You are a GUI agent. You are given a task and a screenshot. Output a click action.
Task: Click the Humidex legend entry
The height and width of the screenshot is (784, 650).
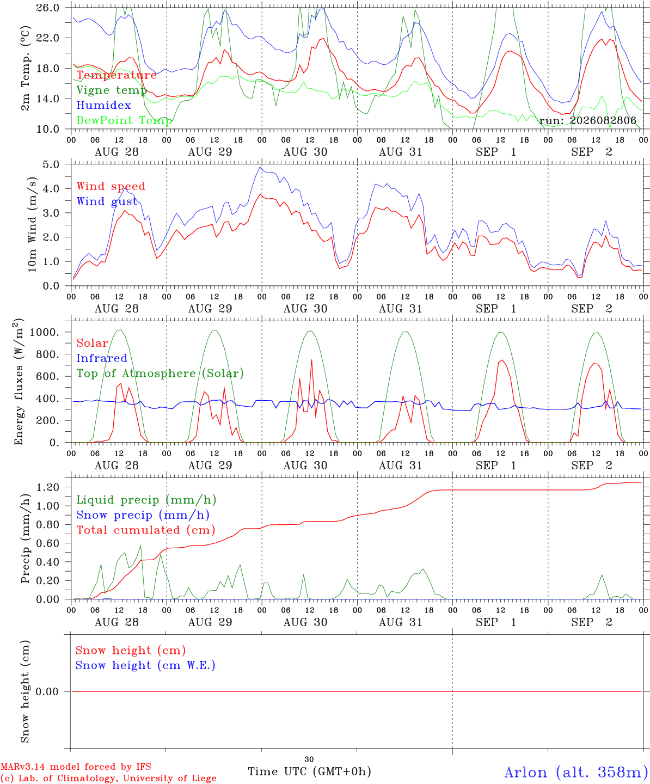(103, 105)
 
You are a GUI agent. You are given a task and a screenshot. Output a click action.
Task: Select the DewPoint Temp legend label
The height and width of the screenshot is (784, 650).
(124, 120)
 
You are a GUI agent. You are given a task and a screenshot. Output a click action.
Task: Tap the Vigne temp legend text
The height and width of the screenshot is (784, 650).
(112, 90)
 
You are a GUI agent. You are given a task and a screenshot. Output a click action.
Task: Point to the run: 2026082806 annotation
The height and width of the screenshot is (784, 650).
(587, 120)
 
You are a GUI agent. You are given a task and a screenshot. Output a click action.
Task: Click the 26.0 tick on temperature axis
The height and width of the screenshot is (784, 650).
(48, 8)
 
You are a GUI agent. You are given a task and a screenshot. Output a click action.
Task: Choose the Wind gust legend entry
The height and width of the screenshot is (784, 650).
(107, 201)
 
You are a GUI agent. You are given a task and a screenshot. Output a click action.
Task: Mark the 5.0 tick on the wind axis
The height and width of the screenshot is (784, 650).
(51, 164)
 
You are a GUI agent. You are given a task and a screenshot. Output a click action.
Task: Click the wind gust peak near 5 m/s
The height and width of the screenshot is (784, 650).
(260, 167)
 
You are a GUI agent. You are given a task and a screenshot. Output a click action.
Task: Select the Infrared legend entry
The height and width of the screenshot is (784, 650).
(102, 358)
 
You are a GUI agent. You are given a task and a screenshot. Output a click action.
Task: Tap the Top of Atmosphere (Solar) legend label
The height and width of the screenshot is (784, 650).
(161, 373)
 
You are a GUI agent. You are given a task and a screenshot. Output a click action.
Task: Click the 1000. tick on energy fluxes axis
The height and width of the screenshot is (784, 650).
(45, 332)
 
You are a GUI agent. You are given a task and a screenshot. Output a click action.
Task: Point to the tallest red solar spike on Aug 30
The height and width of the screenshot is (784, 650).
(311, 360)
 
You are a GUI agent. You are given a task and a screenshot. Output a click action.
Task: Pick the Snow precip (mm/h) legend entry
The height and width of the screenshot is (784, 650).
(143, 515)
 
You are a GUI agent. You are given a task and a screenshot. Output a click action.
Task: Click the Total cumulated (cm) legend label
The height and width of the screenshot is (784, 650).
(146, 530)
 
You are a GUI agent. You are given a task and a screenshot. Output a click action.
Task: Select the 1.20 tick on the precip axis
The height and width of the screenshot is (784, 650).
(48, 487)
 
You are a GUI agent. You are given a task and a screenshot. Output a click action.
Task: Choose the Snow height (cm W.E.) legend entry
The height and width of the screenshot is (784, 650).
(145, 665)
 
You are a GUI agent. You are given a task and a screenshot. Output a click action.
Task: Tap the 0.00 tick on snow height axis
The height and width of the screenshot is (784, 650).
(47, 691)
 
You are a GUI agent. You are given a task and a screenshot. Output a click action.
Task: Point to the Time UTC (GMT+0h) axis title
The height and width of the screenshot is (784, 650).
(310, 771)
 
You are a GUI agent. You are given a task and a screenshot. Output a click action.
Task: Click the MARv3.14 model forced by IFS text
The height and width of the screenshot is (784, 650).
(76, 767)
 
